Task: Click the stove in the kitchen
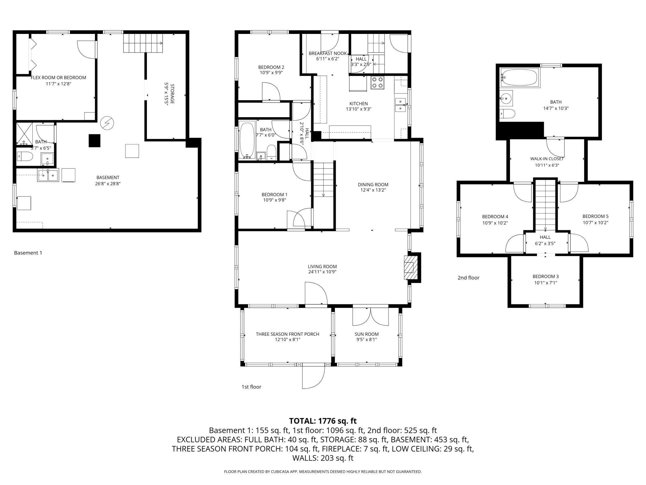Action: coord(377,83)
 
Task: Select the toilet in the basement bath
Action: coord(25,156)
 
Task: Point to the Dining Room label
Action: coord(373,185)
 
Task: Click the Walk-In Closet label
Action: coord(547,159)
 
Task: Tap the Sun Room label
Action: coord(367,334)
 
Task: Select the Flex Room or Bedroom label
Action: coord(58,78)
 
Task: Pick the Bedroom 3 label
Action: coord(546,276)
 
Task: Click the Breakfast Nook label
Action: coord(328,53)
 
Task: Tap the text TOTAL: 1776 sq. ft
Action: coord(323,421)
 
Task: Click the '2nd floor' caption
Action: coord(468,278)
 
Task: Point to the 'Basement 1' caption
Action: coord(28,253)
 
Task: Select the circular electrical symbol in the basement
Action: coord(107,123)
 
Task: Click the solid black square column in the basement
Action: coord(95,141)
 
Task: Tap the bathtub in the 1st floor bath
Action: coord(247,141)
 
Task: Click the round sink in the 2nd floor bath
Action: coord(506,99)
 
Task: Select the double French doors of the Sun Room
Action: coord(371,316)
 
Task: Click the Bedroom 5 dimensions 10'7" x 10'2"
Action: coord(595,223)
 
